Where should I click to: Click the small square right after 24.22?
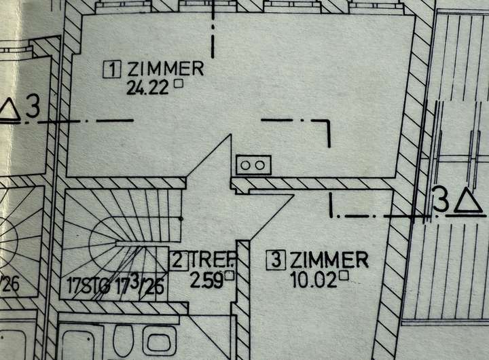tap(179, 84)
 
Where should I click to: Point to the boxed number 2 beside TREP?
tap(179, 259)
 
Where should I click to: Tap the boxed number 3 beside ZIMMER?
tap(276, 259)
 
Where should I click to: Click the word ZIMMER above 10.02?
tap(329, 259)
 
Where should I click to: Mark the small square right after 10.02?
tap(344, 275)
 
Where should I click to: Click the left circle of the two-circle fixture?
tap(246, 165)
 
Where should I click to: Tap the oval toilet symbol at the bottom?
tap(124, 340)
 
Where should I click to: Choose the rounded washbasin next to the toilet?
tap(160, 342)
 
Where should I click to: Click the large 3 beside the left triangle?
tap(33, 107)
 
